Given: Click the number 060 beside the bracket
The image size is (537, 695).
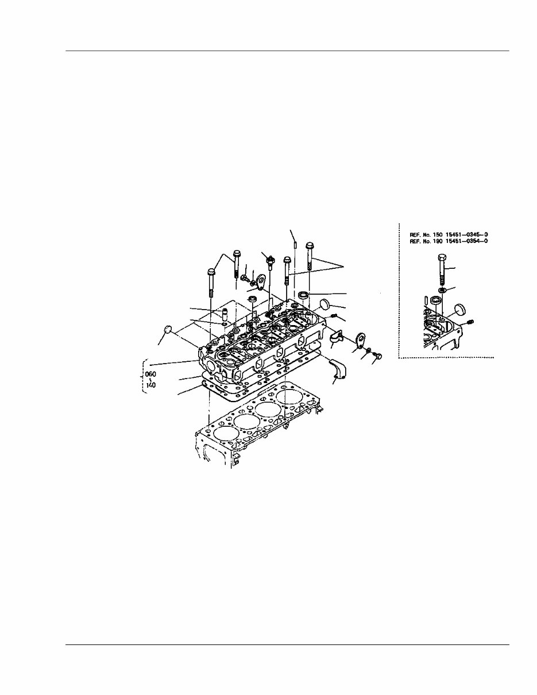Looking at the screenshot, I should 151,374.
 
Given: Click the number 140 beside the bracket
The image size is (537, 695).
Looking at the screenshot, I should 151,385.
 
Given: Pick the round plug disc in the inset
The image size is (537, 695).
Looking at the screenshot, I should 458,311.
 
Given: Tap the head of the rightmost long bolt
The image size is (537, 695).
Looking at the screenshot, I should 310,246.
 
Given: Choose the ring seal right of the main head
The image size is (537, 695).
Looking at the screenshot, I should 304,296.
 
